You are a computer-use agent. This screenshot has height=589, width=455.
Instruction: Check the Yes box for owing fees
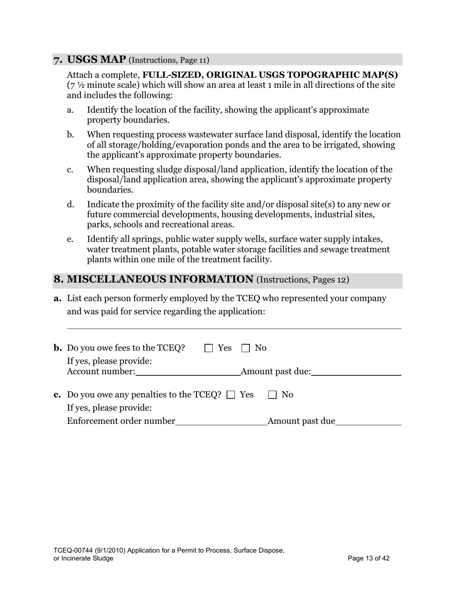tap(208, 348)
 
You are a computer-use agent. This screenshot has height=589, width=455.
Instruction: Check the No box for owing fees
tap(245, 348)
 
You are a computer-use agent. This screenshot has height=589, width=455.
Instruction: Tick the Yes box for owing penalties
tap(231, 395)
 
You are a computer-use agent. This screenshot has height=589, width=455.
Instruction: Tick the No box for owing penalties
tap(273, 395)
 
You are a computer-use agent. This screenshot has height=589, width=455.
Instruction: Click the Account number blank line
tap(188, 372)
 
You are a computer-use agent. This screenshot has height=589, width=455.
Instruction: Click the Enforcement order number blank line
tap(221, 421)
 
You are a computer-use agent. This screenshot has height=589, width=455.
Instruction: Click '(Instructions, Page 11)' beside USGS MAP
tap(169, 60)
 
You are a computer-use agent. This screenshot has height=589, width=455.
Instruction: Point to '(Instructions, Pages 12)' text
tap(303, 280)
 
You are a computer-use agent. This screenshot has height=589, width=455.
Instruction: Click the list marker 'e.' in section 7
tap(70, 239)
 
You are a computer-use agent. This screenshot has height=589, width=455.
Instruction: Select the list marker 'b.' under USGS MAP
tap(70, 135)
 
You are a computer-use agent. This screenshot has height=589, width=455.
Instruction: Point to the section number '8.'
tap(58, 280)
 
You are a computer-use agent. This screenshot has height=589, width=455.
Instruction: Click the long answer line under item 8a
tap(234, 328)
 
